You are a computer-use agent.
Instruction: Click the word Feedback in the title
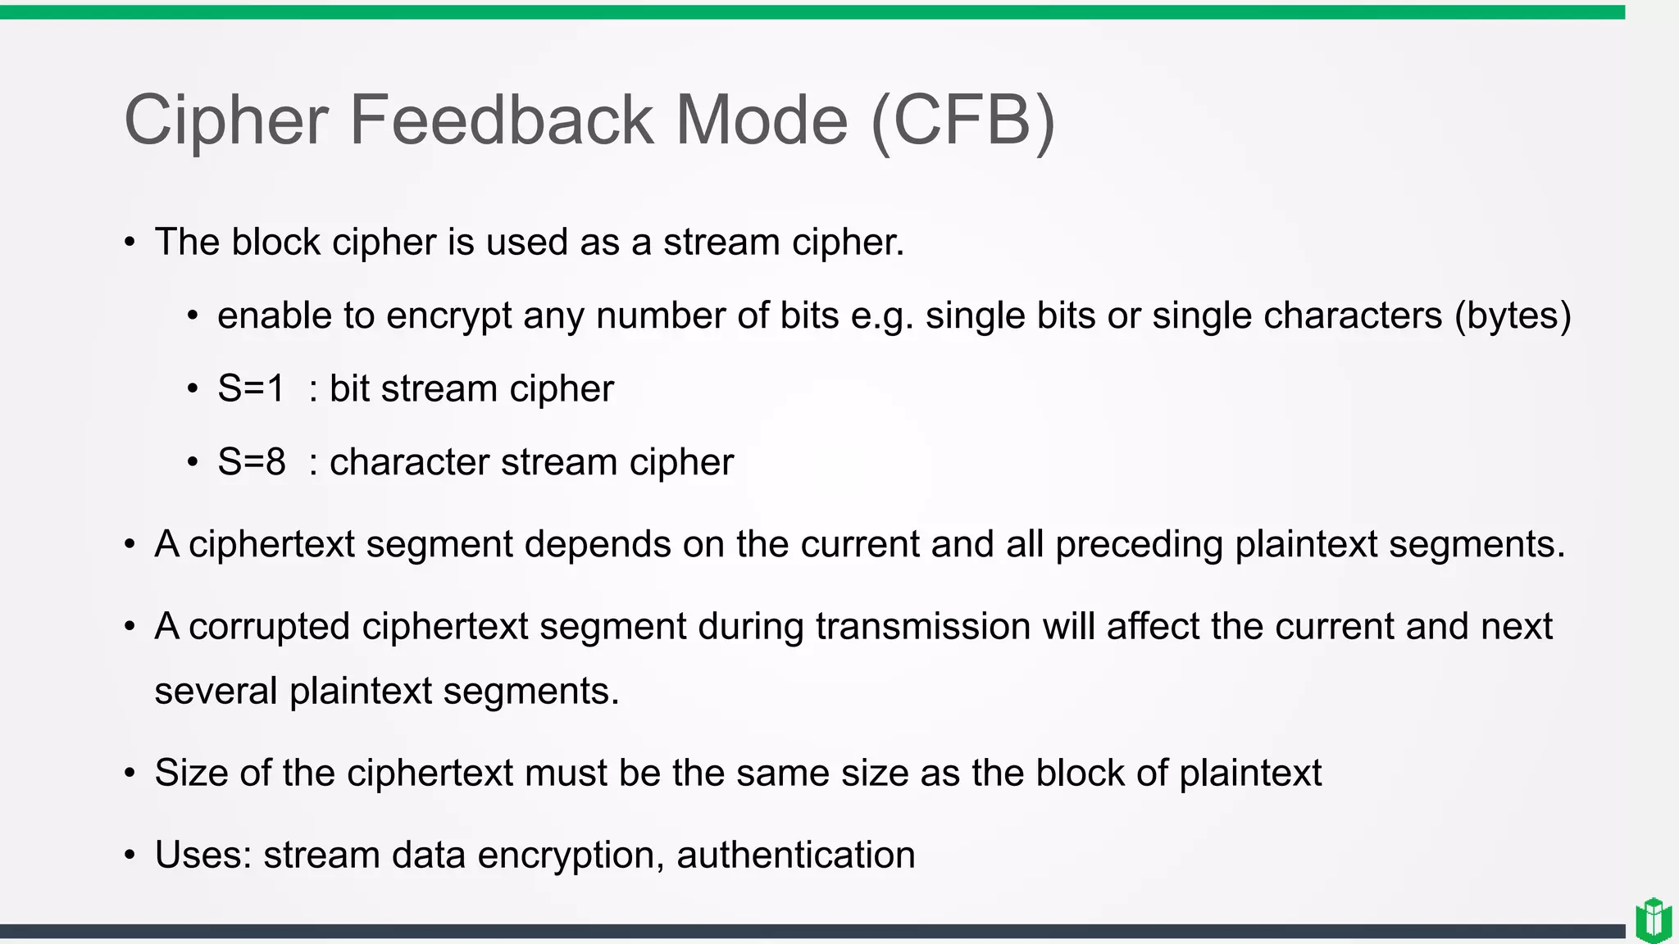click(x=502, y=120)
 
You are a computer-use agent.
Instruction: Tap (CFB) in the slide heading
click(x=962, y=120)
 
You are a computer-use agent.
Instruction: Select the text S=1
click(x=251, y=388)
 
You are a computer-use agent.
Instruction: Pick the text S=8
click(x=251, y=462)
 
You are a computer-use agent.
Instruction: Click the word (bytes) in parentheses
click(x=1513, y=316)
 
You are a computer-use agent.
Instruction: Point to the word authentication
click(x=795, y=855)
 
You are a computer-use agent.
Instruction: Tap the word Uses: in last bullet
click(x=203, y=855)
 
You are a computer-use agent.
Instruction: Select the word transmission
click(x=922, y=627)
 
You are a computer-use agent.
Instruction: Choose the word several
click(x=216, y=691)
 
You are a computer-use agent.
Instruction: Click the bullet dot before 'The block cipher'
click(x=130, y=243)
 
